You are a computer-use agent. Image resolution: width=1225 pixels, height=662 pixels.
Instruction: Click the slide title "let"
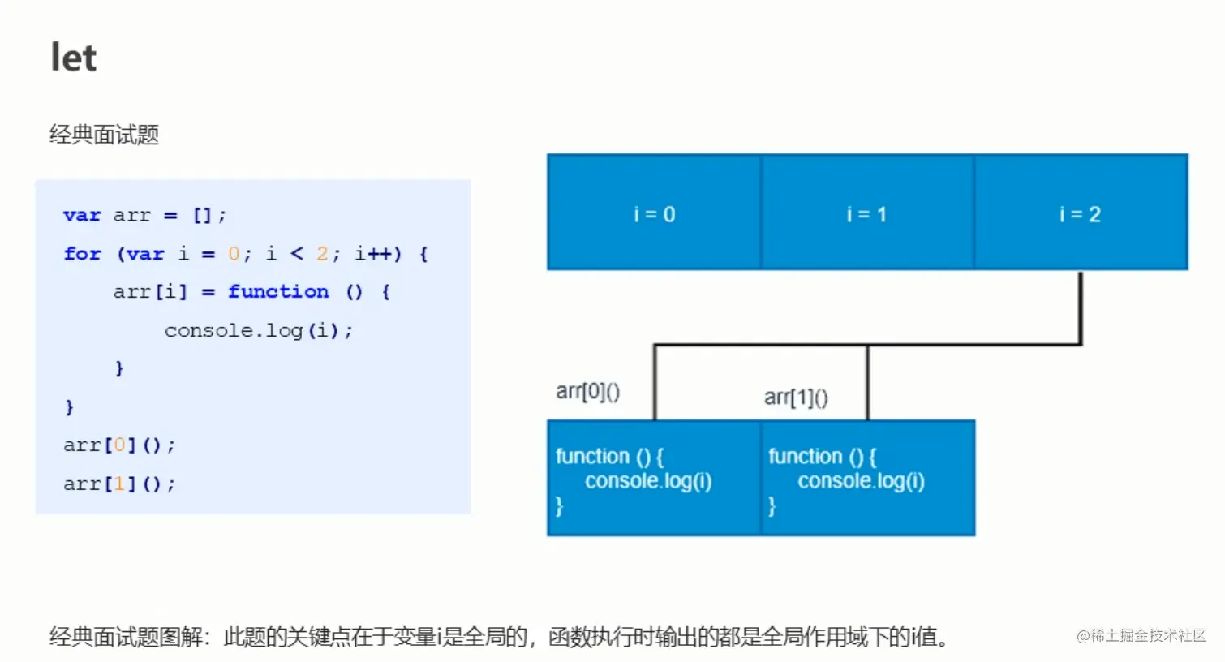tap(74, 58)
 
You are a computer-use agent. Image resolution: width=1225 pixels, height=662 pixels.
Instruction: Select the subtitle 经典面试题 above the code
tap(104, 135)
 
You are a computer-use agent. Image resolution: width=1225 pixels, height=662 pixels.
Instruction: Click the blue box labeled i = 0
tap(654, 213)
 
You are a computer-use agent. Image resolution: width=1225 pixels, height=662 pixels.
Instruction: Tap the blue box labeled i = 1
tap(867, 213)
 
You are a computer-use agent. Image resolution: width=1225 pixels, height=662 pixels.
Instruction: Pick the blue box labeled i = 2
tap(1081, 213)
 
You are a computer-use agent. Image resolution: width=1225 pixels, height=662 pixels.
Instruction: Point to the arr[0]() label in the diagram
tap(588, 392)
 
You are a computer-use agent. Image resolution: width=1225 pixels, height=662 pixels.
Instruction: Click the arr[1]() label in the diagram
tap(796, 398)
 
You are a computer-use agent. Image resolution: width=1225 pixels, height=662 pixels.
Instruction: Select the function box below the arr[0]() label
tap(654, 478)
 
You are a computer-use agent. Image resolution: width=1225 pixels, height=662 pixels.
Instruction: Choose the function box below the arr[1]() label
tap(867, 478)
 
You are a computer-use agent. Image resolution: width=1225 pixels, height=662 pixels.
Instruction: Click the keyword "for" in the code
tap(83, 254)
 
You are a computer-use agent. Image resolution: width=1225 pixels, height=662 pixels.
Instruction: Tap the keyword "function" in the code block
tap(278, 292)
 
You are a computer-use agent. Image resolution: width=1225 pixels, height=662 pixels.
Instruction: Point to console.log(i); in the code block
tap(259, 330)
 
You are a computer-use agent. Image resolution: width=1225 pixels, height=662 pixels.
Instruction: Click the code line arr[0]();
tap(119, 445)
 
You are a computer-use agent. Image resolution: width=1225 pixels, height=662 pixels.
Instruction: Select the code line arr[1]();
tap(119, 484)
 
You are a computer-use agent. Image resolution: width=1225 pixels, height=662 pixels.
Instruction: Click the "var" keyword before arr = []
tap(82, 216)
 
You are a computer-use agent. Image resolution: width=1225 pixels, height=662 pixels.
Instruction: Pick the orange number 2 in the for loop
tap(322, 254)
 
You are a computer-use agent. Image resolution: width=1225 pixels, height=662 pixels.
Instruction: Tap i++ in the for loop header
tap(377, 254)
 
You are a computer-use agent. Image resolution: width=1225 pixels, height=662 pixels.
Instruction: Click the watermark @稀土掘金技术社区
tap(1141, 636)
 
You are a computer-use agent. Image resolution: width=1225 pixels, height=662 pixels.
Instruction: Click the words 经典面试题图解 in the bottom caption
tap(125, 637)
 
